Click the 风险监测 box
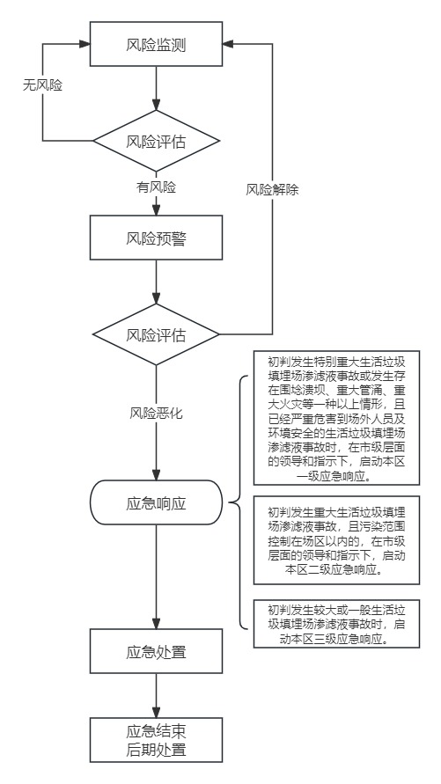156,44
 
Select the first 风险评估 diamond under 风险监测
156,141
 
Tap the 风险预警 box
156,238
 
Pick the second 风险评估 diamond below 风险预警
156,334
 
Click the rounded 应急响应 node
156,502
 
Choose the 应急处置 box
156,651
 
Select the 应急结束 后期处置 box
156,740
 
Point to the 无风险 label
42,85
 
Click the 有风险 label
157,187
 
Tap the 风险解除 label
272,190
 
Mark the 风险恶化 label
157,414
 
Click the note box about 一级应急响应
336,417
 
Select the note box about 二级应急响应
336,540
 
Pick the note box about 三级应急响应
336,624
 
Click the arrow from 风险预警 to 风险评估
156,282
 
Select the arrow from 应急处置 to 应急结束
156,695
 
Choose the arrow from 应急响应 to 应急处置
156,577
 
